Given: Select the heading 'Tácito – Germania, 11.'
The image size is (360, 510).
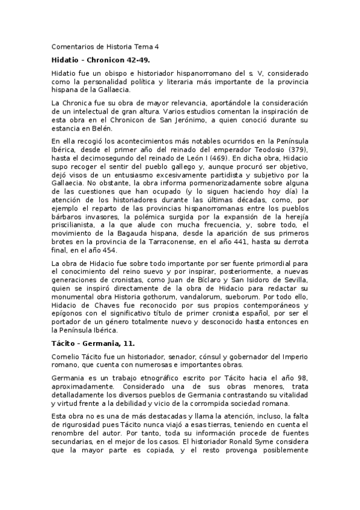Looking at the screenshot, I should (93, 343).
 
